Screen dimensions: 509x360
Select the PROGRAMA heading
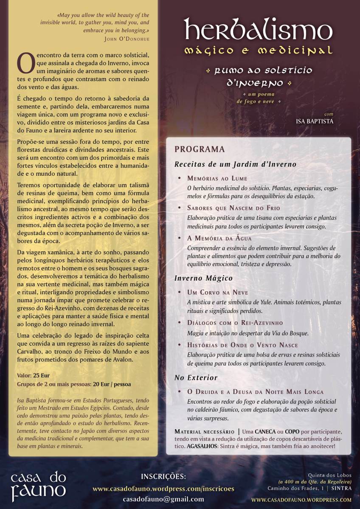click(x=200, y=149)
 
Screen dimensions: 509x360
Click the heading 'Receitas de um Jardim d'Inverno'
click(x=235, y=164)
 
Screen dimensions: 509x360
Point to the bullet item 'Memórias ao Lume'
click(x=217, y=179)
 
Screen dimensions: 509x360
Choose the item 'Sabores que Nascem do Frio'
click(x=233, y=208)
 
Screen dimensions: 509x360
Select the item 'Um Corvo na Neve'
click(x=217, y=292)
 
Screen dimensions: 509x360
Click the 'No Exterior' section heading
click(x=196, y=377)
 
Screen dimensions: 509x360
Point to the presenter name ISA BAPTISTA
click(x=315, y=121)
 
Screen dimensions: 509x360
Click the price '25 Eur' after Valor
click(x=42, y=376)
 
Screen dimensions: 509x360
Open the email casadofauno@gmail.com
click(x=163, y=499)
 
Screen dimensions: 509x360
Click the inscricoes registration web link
click(x=163, y=489)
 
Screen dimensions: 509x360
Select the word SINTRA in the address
click(x=341, y=489)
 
